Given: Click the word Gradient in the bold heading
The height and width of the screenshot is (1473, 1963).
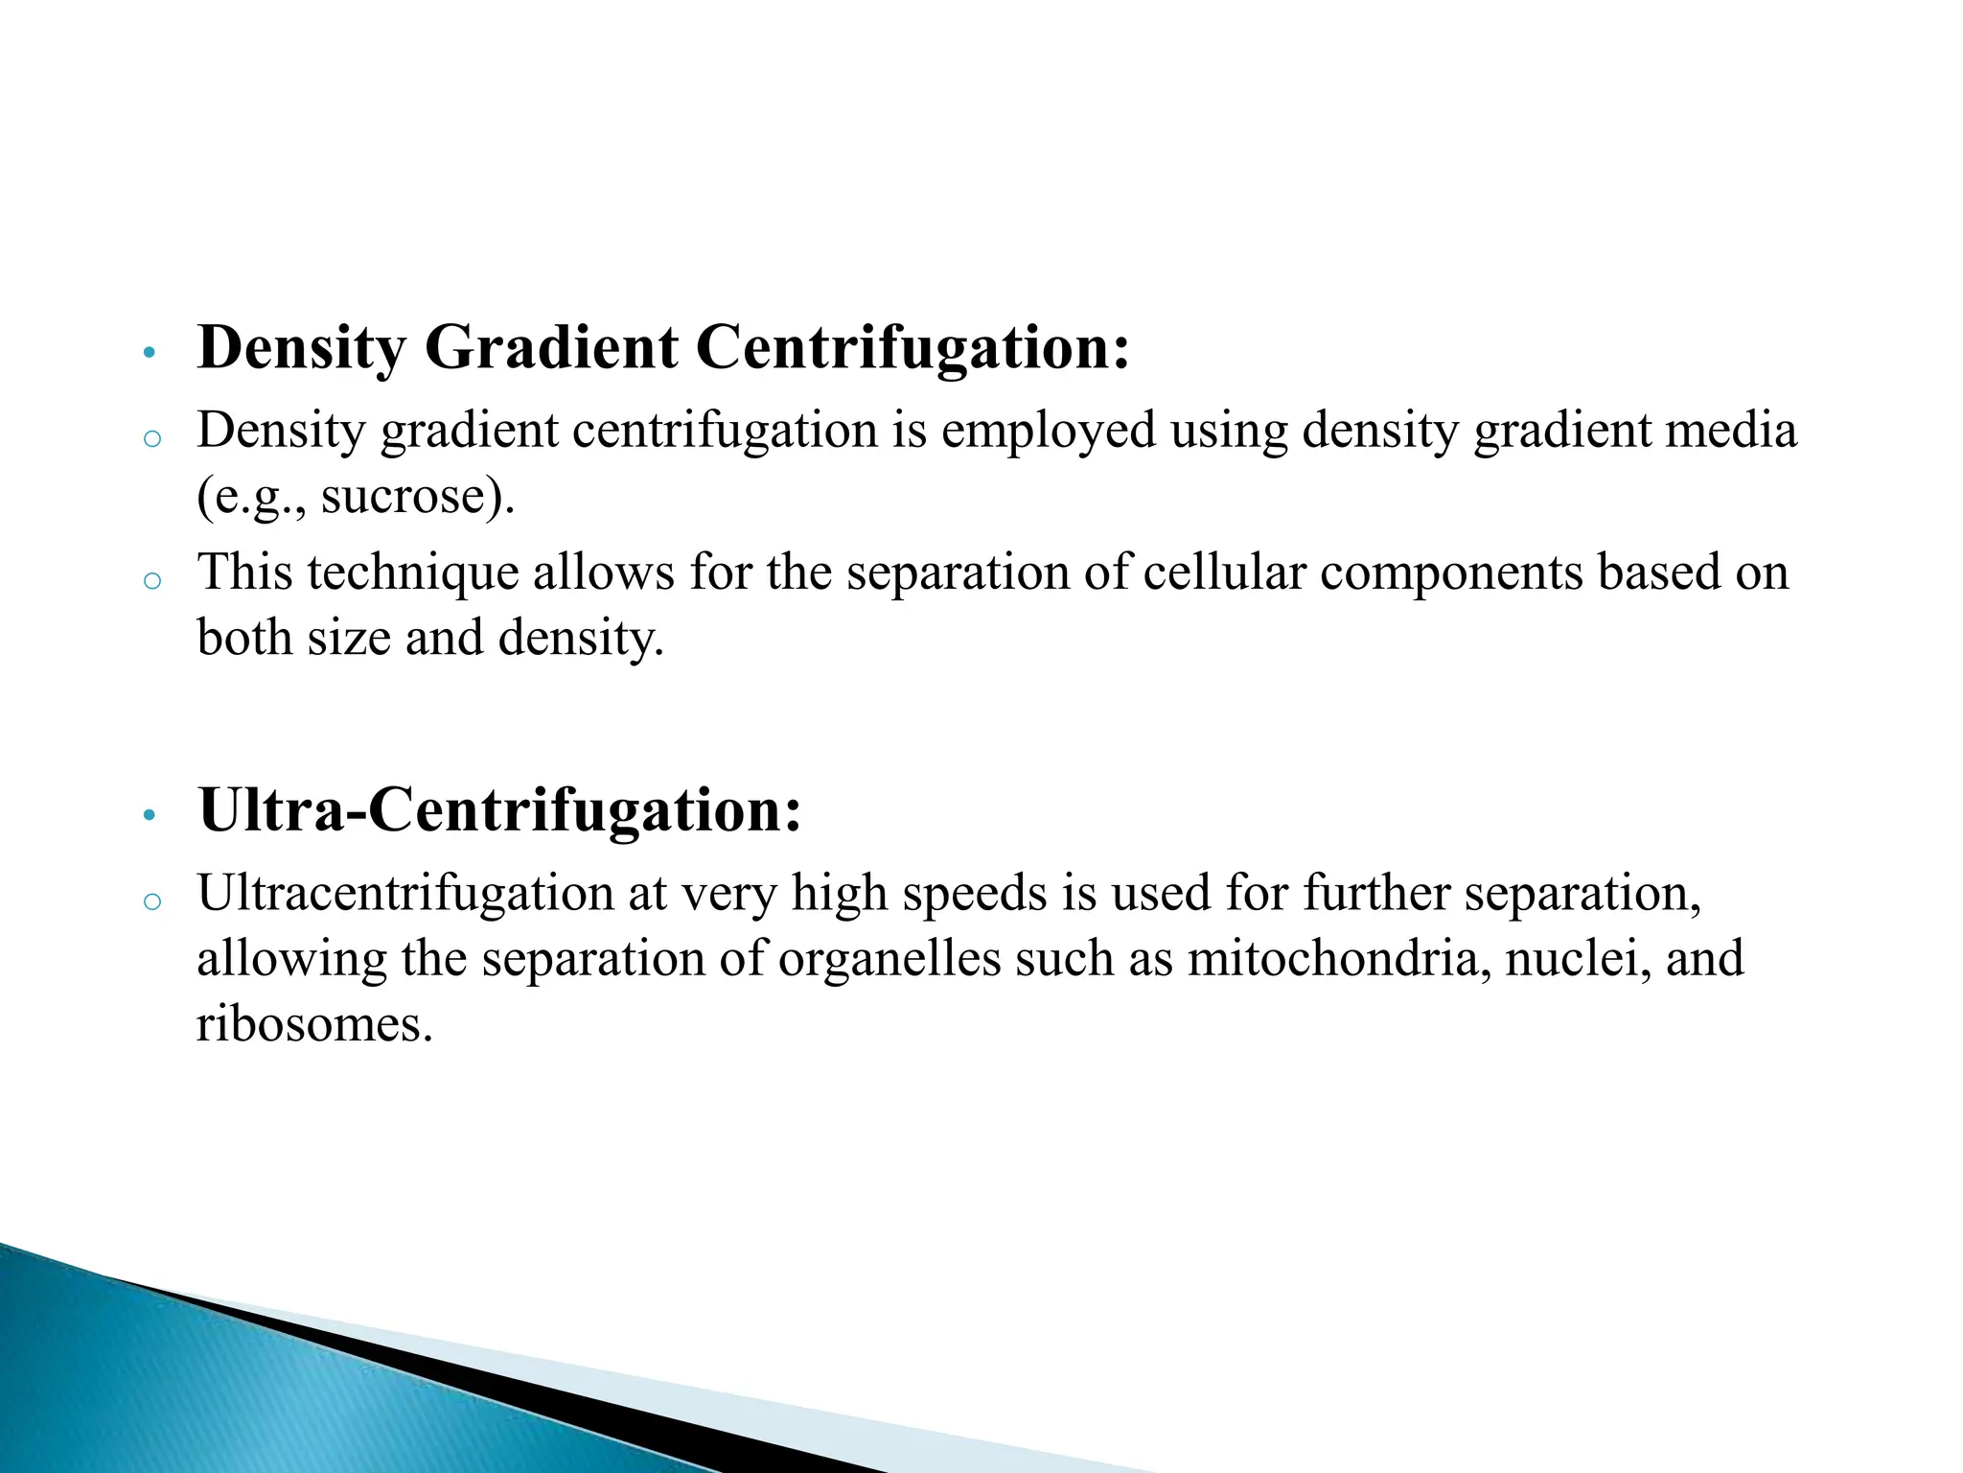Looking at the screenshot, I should (551, 347).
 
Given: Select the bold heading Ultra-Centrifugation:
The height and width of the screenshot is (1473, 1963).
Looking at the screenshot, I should (499, 810).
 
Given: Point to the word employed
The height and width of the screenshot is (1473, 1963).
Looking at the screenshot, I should (1048, 431).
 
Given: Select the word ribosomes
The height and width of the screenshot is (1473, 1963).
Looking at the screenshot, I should (309, 1024).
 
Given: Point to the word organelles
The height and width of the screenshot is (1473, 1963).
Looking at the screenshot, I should (889, 959).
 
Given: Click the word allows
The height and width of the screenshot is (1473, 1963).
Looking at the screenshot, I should (604, 573).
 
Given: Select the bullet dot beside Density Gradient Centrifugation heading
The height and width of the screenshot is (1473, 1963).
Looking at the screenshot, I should (148, 353).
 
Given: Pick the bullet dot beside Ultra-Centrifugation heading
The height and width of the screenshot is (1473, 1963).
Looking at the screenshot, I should (148, 816).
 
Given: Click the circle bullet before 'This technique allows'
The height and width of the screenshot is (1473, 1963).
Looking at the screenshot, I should (151, 580).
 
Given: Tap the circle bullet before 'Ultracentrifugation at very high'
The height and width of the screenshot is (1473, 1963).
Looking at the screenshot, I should (151, 901).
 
